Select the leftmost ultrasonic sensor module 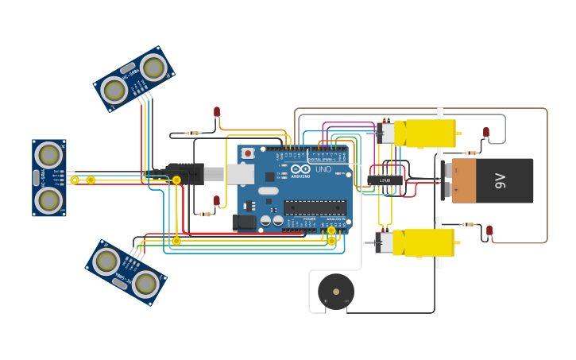point(49,177)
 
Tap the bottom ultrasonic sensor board point(126,272)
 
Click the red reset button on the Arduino point(248,153)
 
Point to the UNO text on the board point(323,169)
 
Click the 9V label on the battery point(500,180)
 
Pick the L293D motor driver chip point(385,180)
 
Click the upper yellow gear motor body point(429,133)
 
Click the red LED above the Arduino point(217,112)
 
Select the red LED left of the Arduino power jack point(216,201)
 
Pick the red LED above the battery point(486,133)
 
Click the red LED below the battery point(489,230)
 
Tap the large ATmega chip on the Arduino point(315,207)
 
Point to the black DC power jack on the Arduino point(244,223)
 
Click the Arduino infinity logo point(300,169)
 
